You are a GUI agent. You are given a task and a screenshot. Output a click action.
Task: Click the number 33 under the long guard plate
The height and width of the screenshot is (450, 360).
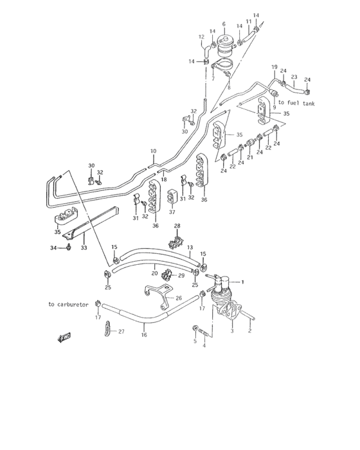coord(83,246)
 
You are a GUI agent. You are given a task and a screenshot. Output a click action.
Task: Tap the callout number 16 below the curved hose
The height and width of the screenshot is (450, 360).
coord(143,335)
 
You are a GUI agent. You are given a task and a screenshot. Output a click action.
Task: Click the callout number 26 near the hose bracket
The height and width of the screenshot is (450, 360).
coord(178,298)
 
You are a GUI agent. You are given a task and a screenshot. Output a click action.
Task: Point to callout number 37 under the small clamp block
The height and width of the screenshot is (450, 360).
coord(172,212)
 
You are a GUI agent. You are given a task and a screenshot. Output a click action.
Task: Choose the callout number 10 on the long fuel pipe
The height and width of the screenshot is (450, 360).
coord(153,152)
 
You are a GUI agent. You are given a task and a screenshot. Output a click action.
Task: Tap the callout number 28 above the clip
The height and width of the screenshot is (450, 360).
coord(177,226)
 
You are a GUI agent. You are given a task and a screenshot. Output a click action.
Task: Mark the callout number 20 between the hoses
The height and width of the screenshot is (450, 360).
coord(154,273)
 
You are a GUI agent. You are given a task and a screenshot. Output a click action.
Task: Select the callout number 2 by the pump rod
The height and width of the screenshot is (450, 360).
coord(249,332)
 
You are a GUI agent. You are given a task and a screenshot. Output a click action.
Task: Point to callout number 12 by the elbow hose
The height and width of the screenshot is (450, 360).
coord(201,37)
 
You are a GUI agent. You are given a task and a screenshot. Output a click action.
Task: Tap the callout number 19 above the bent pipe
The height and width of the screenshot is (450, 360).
coord(274,67)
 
